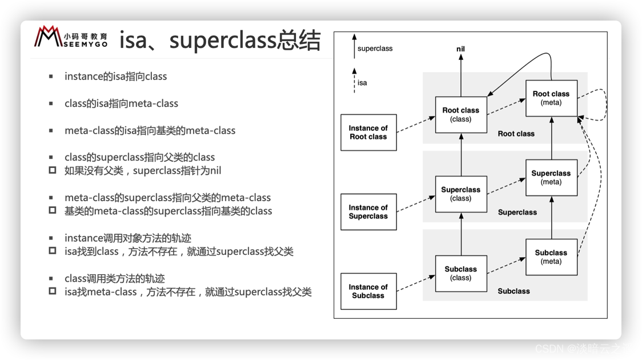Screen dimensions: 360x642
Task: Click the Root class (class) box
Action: (460, 115)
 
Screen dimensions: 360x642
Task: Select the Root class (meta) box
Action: (551, 98)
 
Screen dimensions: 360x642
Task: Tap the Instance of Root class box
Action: (368, 133)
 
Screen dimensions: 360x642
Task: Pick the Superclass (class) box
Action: (460, 194)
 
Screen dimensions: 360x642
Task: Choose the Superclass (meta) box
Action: (551, 178)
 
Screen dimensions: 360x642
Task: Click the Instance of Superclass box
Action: (368, 212)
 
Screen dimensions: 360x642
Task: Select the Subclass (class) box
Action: (460, 274)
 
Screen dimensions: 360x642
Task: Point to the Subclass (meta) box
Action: (551, 257)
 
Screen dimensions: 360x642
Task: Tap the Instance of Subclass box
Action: (368, 291)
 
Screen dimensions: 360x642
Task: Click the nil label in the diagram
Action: (460, 49)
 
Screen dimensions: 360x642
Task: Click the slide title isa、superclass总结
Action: (220, 41)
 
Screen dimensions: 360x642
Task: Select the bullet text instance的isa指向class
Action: (115, 77)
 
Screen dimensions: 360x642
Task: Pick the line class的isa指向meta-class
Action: (121, 103)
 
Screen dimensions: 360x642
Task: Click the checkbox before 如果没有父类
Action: (53, 170)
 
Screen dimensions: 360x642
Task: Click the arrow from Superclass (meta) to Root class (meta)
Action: (552, 137)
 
